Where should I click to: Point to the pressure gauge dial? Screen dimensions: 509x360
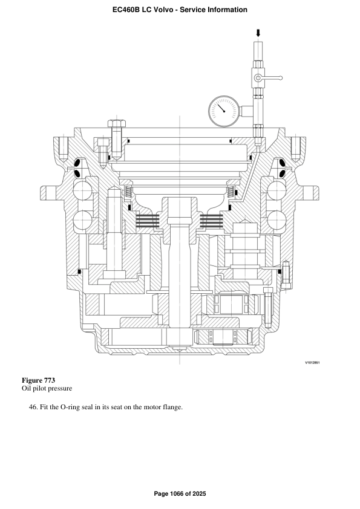(x=222, y=111)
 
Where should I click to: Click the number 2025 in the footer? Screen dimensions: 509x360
(x=198, y=494)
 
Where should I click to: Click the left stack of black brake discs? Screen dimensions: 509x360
(x=150, y=221)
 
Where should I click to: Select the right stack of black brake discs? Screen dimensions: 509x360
(x=212, y=221)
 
